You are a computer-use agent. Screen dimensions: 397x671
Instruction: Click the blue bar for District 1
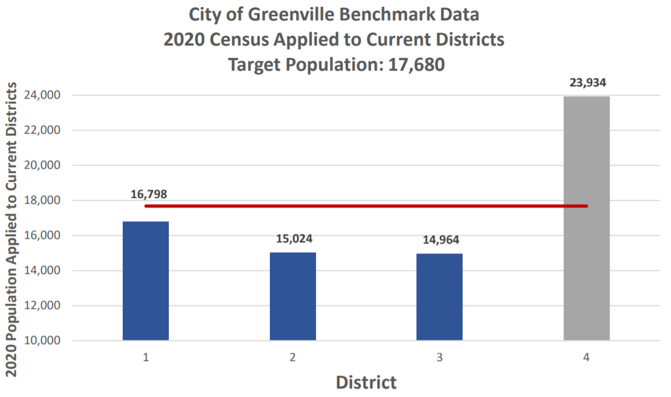[145, 281]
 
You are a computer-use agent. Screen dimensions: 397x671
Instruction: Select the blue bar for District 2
[293, 296]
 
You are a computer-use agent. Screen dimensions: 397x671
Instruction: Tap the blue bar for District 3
[439, 297]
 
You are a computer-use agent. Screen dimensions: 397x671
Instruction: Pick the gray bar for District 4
[586, 218]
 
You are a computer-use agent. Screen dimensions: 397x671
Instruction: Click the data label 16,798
[149, 194]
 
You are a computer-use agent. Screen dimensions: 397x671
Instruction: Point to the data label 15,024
[293, 239]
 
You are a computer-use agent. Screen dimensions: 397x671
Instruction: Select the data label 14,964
[439, 240]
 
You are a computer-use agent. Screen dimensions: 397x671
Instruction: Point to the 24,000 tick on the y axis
[44, 95]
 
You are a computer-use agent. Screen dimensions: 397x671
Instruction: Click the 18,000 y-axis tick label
[44, 200]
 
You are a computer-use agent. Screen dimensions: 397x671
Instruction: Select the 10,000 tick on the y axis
[44, 340]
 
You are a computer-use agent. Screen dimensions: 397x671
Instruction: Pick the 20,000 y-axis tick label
[44, 165]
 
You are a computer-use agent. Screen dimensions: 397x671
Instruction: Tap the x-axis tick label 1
[145, 358]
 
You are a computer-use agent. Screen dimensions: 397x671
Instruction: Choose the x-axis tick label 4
[586, 358]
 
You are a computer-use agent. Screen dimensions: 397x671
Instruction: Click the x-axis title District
[366, 382]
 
